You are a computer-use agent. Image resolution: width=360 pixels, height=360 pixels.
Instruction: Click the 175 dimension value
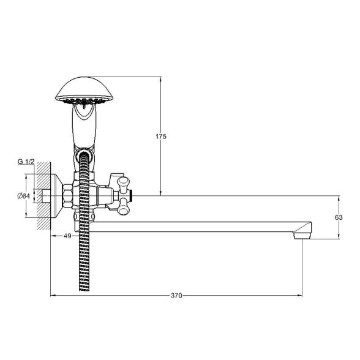click(160, 137)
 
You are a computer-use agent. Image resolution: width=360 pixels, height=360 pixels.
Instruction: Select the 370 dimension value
click(176, 296)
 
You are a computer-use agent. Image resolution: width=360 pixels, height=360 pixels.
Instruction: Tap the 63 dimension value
click(339, 217)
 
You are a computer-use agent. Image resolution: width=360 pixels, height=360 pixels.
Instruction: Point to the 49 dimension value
click(67, 236)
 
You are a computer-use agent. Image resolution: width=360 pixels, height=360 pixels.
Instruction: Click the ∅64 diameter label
click(23, 196)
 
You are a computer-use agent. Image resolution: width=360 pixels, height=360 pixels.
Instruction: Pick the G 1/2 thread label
click(26, 162)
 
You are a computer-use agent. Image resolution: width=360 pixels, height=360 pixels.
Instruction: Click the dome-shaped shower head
click(84, 90)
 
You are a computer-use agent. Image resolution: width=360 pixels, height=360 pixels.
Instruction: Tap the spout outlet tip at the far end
click(302, 236)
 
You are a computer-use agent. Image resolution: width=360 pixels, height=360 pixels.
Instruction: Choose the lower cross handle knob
click(123, 207)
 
